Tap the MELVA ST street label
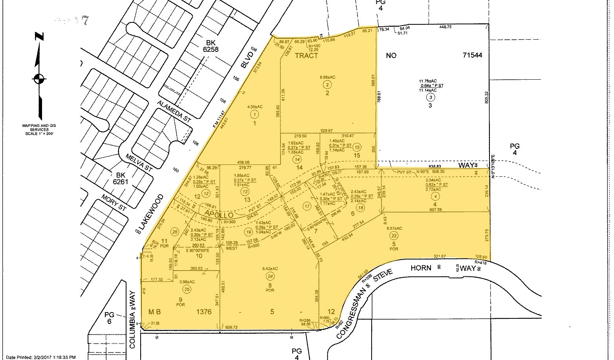click(x=138, y=162)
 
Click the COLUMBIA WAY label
click(x=133, y=319)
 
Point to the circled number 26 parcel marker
click(x=175, y=231)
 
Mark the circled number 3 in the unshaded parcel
click(x=431, y=97)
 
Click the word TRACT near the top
click(x=306, y=56)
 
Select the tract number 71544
click(x=472, y=55)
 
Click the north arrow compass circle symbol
click(x=38, y=79)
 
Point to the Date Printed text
click(x=38, y=357)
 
